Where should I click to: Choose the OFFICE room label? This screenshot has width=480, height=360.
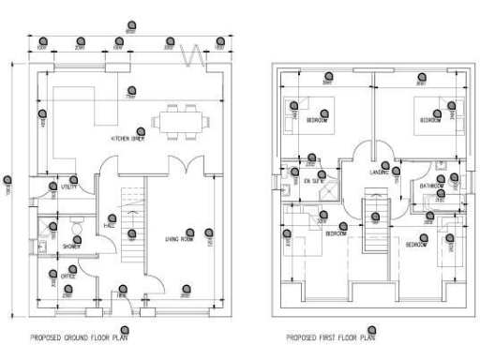[x=68, y=277]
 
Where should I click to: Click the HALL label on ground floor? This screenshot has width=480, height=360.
[x=109, y=226]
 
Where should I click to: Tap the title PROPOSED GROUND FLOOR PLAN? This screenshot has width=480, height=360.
[x=82, y=337]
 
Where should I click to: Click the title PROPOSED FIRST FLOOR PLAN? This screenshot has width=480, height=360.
[x=328, y=337]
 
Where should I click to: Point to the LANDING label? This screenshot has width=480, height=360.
[x=379, y=172]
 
